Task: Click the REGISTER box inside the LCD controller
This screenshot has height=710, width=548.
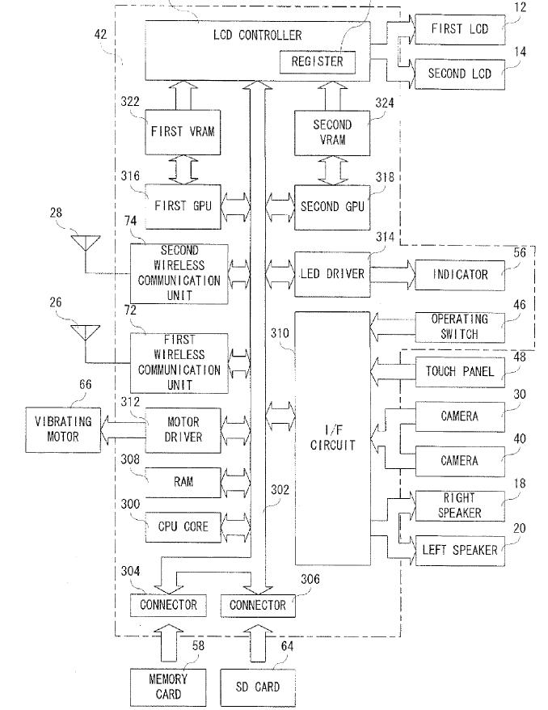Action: (316, 61)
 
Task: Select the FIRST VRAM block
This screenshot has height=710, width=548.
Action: (183, 132)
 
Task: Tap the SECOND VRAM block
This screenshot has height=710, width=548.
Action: (332, 132)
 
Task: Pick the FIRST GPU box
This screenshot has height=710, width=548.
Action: (183, 205)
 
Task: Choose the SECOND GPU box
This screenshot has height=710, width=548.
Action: (331, 205)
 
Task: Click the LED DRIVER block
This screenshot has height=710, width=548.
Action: (331, 274)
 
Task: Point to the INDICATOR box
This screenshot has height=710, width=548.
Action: (459, 274)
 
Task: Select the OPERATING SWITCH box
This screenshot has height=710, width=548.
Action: (459, 327)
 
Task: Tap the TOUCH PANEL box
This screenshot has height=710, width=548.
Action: (459, 372)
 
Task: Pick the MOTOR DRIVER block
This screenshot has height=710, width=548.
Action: (183, 429)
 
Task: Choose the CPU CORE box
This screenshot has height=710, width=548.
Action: (183, 526)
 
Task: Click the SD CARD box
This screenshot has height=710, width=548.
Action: (257, 686)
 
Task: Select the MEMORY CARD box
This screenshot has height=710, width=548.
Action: (168, 686)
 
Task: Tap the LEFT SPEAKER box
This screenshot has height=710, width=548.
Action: (459, 551)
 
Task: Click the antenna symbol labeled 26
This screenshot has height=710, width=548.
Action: (85, 332)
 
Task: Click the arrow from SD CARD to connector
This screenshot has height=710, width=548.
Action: (257, 644)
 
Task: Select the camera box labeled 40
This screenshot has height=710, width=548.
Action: (459, 461)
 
